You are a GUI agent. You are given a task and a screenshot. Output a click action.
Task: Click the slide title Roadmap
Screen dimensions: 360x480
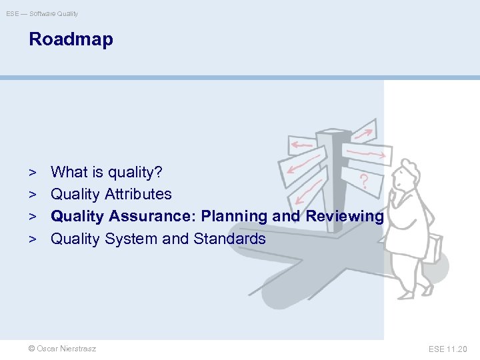pyautogui.click(x=71, y=39)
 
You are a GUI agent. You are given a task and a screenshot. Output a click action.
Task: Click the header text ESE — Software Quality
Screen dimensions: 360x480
pyautogui.click(x=42, y=13)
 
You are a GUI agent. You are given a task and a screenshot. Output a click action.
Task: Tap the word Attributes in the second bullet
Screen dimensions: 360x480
pyautogui.click(x=138, y=195)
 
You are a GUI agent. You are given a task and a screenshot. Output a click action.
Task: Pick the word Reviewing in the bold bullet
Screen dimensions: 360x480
pyautogui.click(x=345, y=217)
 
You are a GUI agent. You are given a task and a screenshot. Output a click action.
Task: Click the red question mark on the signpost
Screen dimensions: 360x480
pyautogui.click(x=363, y=180)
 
